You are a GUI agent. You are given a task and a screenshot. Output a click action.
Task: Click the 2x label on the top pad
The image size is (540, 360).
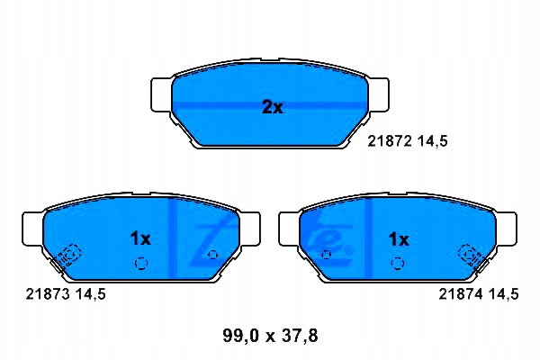pyautogui.click(x=273, y=107)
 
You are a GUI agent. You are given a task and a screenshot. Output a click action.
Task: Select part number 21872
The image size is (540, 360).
pyautogui.click(x=390, y=141)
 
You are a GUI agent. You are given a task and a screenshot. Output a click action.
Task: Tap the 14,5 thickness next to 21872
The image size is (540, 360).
pyautogui.click(x=433, y=141)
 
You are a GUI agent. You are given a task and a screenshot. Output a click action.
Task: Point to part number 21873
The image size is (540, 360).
pyautogui.click(x=48, y=294)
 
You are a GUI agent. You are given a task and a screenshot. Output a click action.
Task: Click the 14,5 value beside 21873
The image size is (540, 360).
pyautogui.click(x=91, y=294)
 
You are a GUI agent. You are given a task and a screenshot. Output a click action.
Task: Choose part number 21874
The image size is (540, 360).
pyautogui.click(x=461, y=294)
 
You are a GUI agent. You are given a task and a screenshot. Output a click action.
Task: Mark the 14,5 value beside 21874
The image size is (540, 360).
pyautogui.click(x=503, y=294)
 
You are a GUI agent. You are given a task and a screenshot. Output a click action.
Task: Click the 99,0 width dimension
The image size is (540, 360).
pyautogui.click(x=240, y=336)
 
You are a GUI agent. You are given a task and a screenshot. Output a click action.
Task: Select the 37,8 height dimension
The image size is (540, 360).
pyautogui.click(x=300, y=336)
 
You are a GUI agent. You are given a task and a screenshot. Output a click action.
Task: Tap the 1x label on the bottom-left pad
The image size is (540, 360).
pyautogui.click(x=140, y=238)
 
